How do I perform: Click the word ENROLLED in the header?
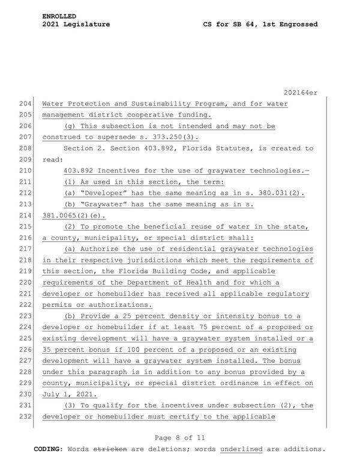(59, 15)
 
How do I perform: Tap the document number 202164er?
(301, 92)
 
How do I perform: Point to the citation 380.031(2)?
(281, 193)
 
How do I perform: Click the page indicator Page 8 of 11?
(180, 438)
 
